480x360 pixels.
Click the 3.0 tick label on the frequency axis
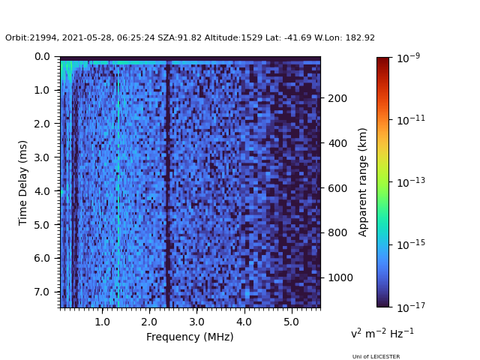[x=196, y=321]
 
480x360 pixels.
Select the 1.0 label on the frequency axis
[x=103, y=321]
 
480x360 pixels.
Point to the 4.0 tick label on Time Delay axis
[x=43, y=191]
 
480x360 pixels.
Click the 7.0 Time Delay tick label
[x=43, y=292]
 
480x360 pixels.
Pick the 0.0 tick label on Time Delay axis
[x=43, y=57]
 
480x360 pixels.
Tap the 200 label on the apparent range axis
[x=336, y=98]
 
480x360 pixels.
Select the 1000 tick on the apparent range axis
[x=339, y=277]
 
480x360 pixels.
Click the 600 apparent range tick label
[x=336, y=188]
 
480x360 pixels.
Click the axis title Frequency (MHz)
[x=190, y=337]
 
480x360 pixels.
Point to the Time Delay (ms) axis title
[x=23, y=182]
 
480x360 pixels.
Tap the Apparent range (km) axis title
[x=363, y=182]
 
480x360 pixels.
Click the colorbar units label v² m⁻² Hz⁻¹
[x=382, y=333]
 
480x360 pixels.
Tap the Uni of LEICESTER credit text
[x=376, y=357]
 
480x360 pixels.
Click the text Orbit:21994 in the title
[x=31, y=38]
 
